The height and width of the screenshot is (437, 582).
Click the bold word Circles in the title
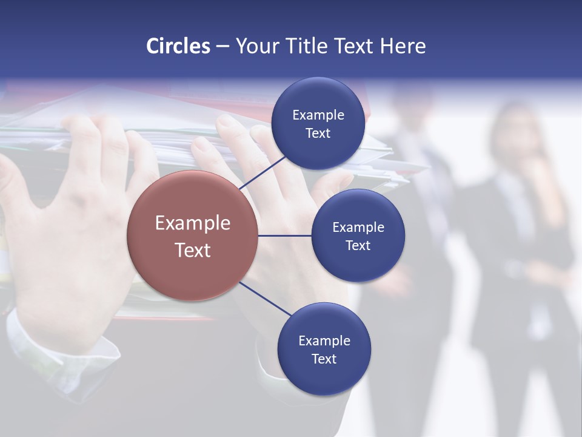pyautogui.click(x=178, y=46)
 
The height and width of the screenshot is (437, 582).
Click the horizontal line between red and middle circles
pyautogui.click(x=285, y=235)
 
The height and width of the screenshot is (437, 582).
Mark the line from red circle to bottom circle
pyautogui.click(x=265, y=299)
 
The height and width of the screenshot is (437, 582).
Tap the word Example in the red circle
pyautogui.click(x=193, y=223)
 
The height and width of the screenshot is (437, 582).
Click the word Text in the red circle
pyautogui.click(x=193, y=250)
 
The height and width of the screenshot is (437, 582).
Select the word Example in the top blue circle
pyautogui.click(x=318, y=115)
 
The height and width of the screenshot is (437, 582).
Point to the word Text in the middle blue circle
pyautogui.click(x=358, y=245)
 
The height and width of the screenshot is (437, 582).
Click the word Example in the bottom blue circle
pyautogui.click(x=324, y=340)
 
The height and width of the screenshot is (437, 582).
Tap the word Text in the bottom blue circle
pyautogui.click(x=324, y=359)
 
